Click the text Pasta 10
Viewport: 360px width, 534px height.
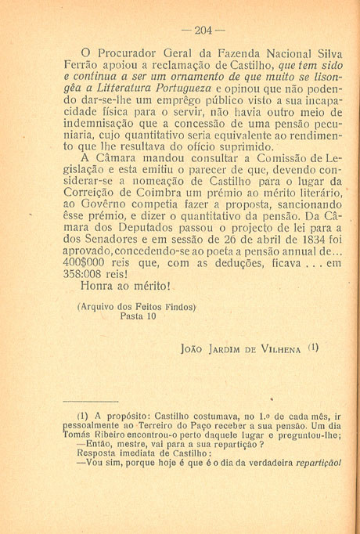coord(138,318)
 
